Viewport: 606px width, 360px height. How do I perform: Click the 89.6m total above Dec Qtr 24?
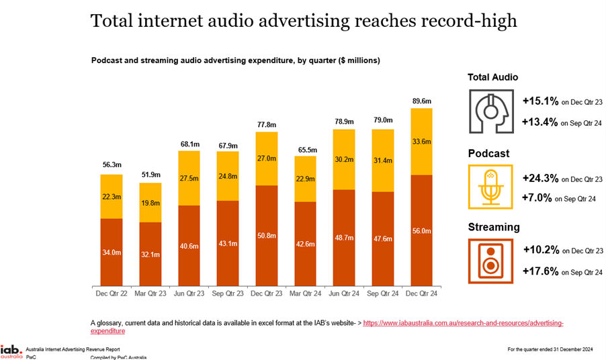tap(422, 101)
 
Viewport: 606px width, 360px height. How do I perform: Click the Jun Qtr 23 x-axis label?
tap(189, 293)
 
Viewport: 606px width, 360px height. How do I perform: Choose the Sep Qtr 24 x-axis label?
tap(383, 293)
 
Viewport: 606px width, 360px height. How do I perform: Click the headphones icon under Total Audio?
tap(490, 109)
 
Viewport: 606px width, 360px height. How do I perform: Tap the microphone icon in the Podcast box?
tap(490, 186)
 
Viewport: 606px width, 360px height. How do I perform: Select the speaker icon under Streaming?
tap(490, 259)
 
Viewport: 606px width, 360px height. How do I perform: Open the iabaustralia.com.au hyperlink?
tap(463, 323)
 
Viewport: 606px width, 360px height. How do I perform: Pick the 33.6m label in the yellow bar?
tap(422, 142)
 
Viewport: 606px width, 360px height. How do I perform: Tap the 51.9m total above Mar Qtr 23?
tap(150, 175)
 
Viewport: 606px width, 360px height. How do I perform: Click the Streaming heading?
tap(494, 227)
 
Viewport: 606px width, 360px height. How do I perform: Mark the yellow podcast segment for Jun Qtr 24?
tap(345, 159)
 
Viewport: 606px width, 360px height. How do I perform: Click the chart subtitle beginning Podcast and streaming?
tap(236, 60)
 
